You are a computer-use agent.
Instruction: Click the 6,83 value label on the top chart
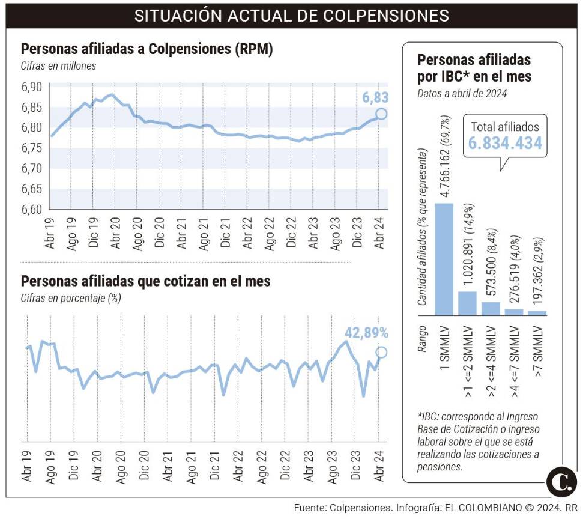coord(376,97)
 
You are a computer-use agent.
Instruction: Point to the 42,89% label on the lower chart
coord(366,333)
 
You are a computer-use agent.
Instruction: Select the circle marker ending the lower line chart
coord(381,353)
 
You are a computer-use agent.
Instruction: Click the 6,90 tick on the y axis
coord(32,86)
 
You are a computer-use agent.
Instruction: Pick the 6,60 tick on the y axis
coord(32,210)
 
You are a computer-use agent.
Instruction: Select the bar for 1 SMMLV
coord(444,259)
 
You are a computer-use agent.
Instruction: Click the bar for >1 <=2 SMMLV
coord(467,303)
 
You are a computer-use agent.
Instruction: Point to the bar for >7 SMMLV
coord(537,313)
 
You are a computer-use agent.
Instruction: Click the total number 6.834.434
coord(505,144)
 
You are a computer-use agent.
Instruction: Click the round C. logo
coord(561,482)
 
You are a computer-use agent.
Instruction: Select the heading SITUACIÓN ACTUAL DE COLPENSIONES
coord(291,15)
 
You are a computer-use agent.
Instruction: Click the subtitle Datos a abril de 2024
coord(462,93)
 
